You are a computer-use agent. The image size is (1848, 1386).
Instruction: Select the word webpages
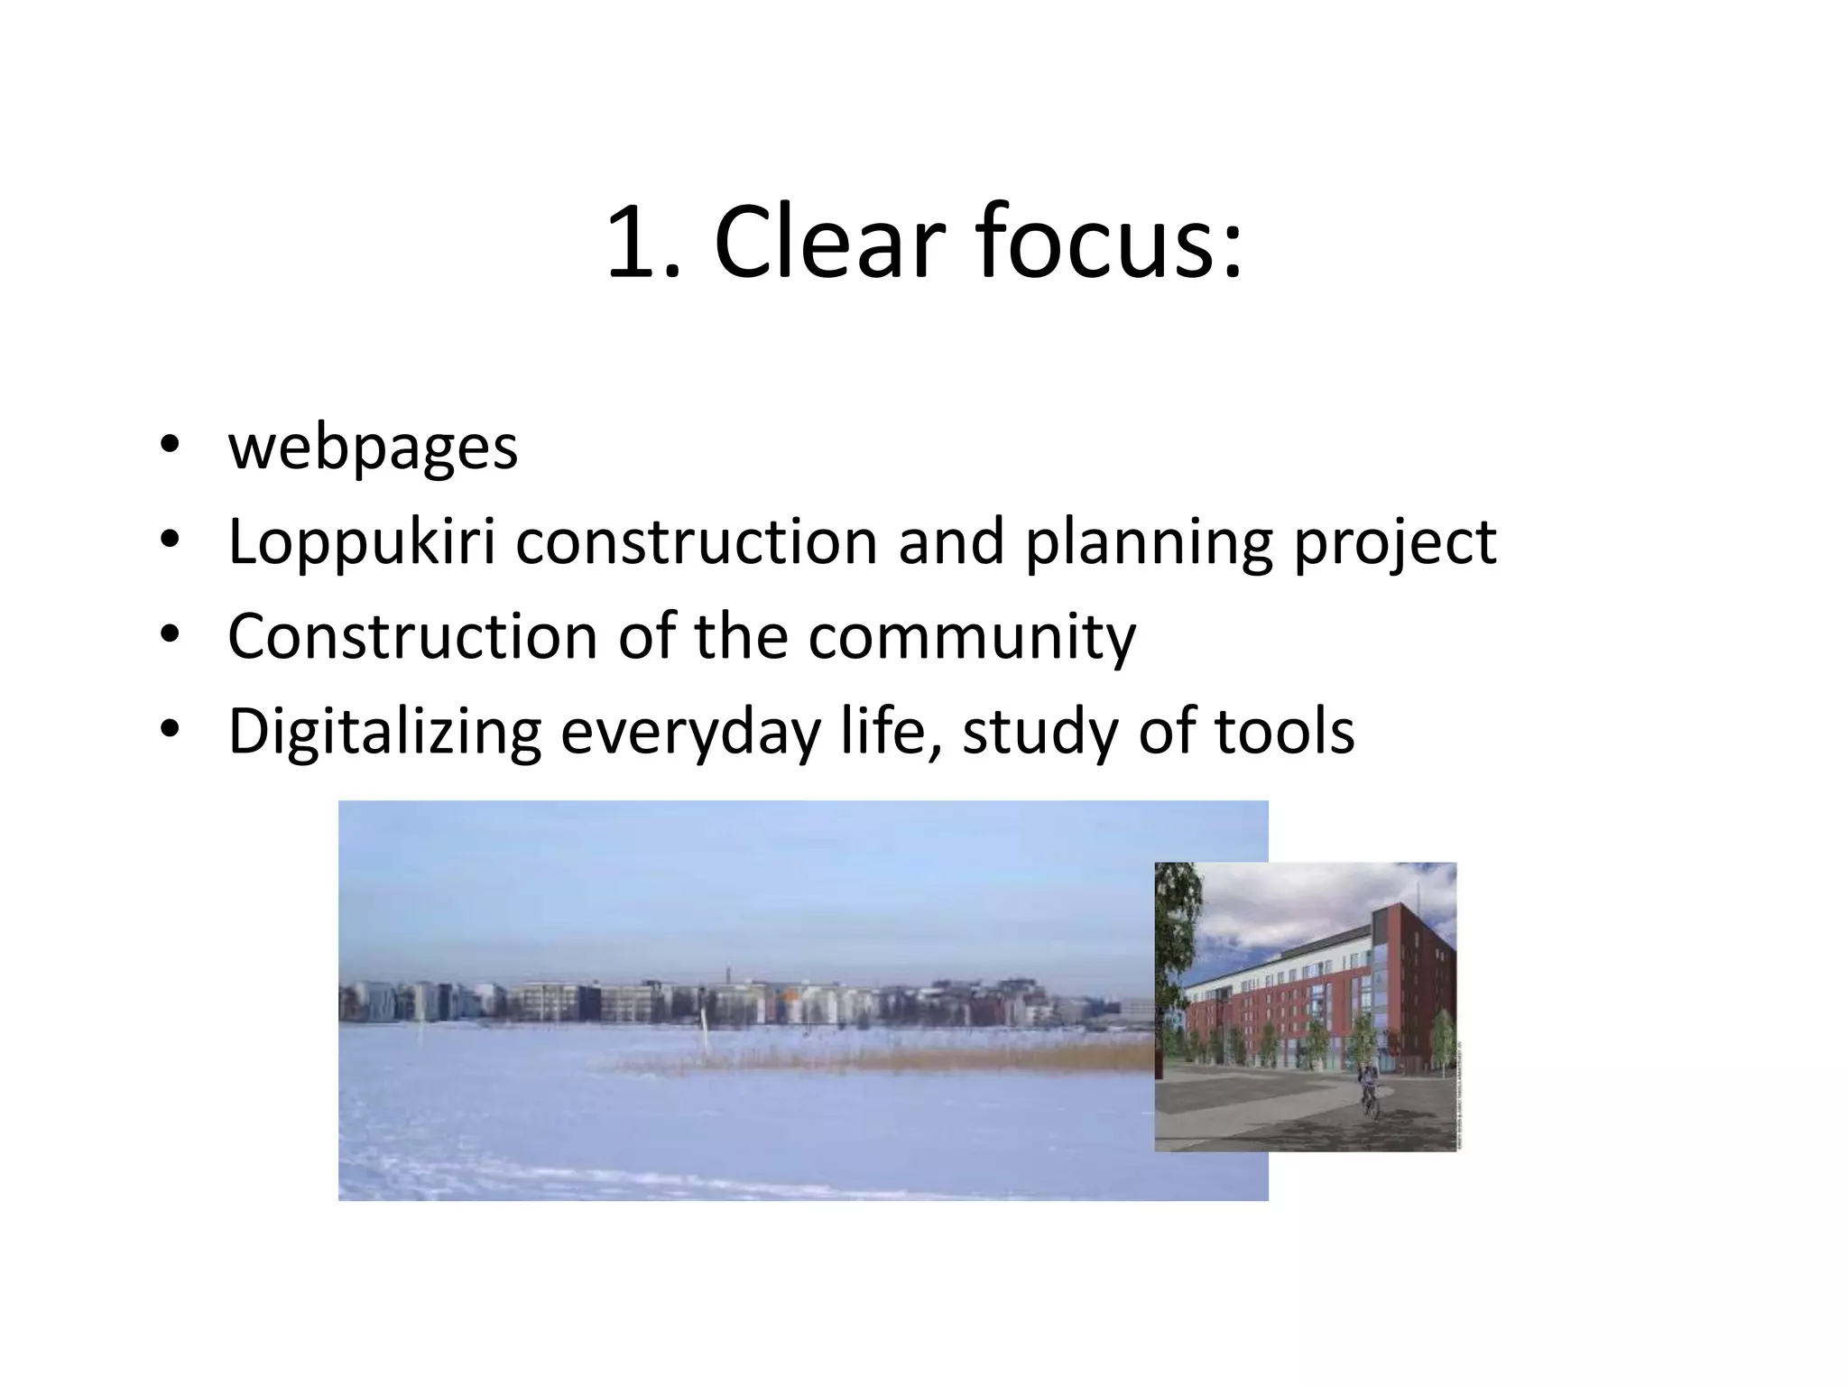click(x=373, y=448)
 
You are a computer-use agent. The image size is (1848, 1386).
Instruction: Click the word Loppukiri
click(x=362, y=543)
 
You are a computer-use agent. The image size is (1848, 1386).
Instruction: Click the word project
click(x=1395, y=543)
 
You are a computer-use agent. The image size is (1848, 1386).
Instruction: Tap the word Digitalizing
click(x=384, y=732)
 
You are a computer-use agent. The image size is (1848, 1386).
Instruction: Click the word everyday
click(x=690, y=732)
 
